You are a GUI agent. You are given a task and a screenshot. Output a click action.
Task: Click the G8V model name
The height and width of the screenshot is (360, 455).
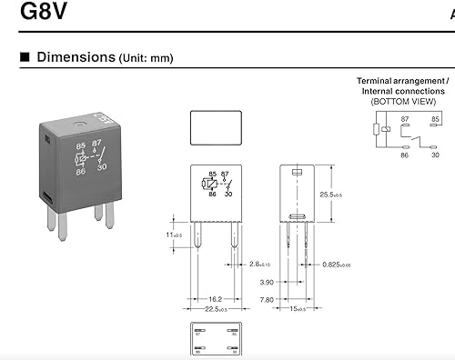pos(38,15)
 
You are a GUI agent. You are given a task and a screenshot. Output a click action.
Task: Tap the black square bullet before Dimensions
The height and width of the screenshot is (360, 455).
pos(24,57)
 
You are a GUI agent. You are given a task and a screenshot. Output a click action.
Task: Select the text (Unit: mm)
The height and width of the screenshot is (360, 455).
pos(146,58)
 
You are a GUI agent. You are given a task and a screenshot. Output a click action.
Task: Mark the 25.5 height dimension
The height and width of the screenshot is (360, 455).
pos(342,195)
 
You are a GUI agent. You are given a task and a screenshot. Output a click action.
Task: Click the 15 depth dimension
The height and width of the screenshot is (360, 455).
pos(297,308)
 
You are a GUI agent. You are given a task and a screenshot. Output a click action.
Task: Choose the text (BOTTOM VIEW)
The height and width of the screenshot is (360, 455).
pos(403,101)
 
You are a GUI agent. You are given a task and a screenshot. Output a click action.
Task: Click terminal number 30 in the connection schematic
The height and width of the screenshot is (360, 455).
pos(435,155)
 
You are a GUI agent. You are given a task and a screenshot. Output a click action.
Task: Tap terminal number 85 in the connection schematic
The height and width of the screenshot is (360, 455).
pos(435,119)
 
